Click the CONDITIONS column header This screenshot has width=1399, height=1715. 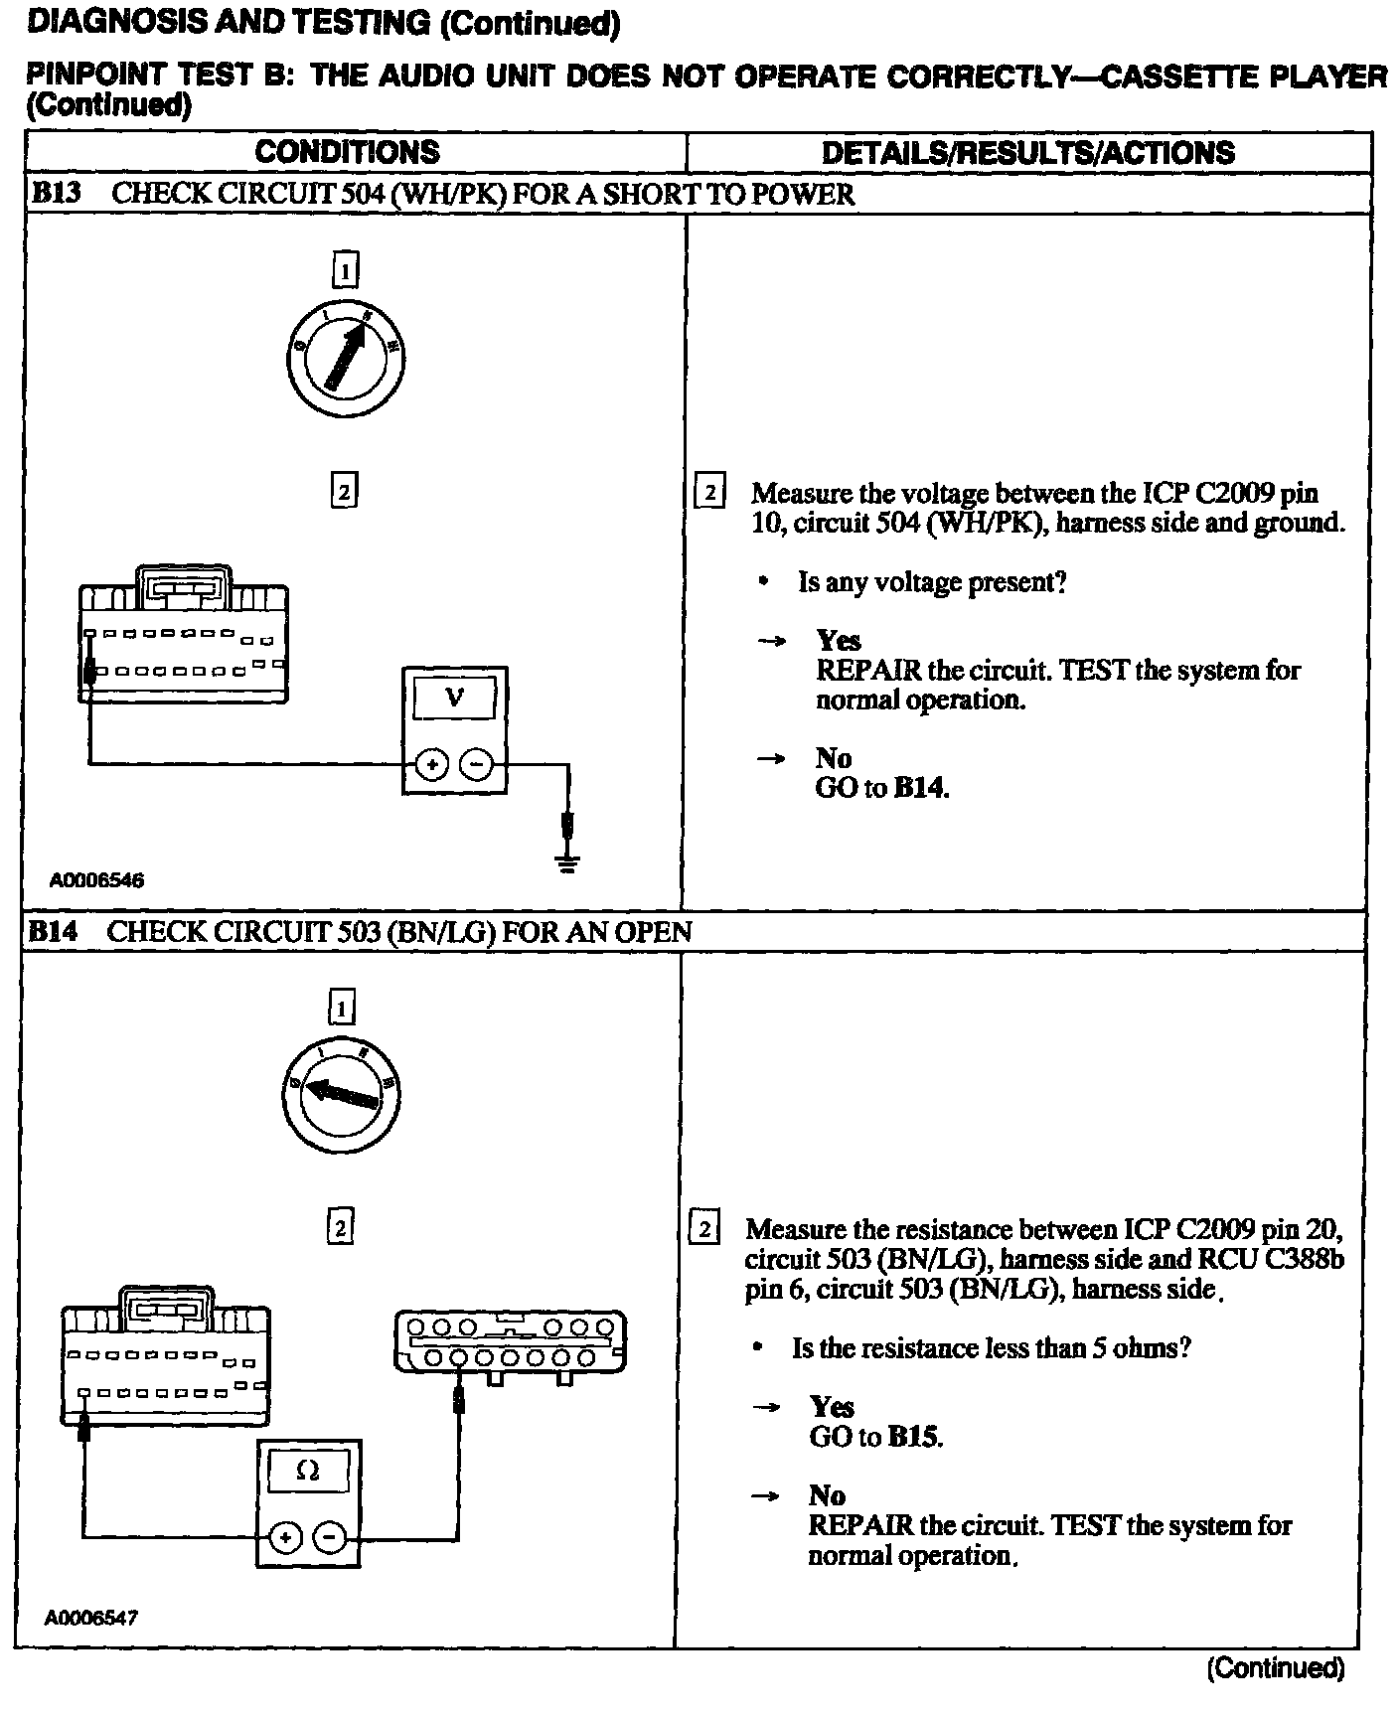click(347, 152)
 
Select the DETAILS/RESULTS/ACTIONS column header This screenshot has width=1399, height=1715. click(1027, 152)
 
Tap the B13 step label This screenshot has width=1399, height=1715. click(56, 193)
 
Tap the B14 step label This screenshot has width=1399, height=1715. click(53, 931)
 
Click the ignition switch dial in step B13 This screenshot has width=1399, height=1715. click(344, 360)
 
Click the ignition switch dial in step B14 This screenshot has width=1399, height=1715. click(342, 1094)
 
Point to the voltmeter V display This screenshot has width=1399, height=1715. click(454, 698)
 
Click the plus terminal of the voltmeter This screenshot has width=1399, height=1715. click(431, 764)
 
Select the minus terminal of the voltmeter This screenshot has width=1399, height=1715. click(477, 764)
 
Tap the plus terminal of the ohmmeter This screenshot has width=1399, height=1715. click(286, 1538)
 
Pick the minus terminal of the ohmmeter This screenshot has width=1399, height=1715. click(330, 1538)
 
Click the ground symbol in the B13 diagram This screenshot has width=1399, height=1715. click(567, 861)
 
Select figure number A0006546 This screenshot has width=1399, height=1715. click(96, 880)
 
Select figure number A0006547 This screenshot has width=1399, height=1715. click(91, 1618)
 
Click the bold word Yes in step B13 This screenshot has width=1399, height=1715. click(839, 641)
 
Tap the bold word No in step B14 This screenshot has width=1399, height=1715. click(827, 1496)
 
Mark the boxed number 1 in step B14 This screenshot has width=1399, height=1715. click(341, 1010)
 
